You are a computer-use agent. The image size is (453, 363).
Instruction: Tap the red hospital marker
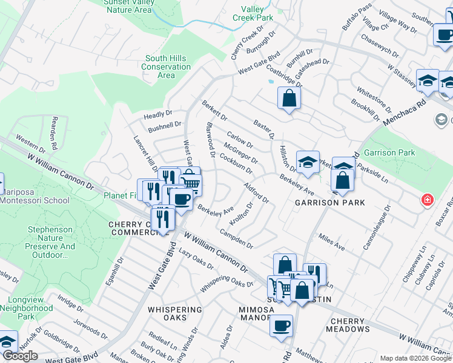pyautogui.click(x=428, y=199)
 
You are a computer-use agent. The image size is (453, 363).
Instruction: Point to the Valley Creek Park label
pyautogui.click(x=253, y=13)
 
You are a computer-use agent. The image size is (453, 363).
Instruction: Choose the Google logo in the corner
pyautogui.click(x=20, y=356)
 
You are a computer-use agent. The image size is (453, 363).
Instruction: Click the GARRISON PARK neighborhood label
pyautogui.click(x=330, y=203)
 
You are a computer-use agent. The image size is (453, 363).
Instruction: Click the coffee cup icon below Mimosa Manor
pyautogui.click(x=280, y=325)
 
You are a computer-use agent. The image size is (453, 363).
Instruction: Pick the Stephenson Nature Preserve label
pyautogui.click(x=51, y=243)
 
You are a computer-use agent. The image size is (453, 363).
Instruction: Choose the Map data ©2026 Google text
pyautogui.click(x=415, y=358)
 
